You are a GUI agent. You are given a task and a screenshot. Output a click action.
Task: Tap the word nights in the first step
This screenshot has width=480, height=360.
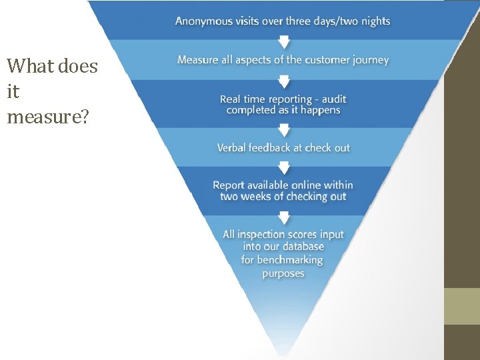point(375,21)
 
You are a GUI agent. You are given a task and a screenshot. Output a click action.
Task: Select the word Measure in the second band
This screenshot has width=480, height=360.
point(198,60)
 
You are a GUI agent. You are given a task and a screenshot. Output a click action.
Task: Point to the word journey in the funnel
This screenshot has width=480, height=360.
point(371,60)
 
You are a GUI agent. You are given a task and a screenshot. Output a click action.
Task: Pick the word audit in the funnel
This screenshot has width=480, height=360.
point(334,99)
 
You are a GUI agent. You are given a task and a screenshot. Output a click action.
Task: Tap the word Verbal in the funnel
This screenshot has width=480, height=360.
point(231,148)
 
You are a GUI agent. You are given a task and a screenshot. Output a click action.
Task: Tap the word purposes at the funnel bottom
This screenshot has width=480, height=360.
point(283,273)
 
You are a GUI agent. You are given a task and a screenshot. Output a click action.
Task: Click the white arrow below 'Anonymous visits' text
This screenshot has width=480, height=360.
point(284,41)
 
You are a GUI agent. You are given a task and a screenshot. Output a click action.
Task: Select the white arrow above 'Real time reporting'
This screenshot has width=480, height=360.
point(284,81)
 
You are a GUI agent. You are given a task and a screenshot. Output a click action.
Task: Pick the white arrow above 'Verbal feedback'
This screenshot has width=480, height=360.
point(284,130)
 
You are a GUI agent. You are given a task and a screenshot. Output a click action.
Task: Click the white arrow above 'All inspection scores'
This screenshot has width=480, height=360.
point(284,217)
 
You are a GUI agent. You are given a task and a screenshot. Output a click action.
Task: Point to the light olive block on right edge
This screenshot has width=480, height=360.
point(462,306)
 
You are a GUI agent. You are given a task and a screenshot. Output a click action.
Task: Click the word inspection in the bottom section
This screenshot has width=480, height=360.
point(268,234)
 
